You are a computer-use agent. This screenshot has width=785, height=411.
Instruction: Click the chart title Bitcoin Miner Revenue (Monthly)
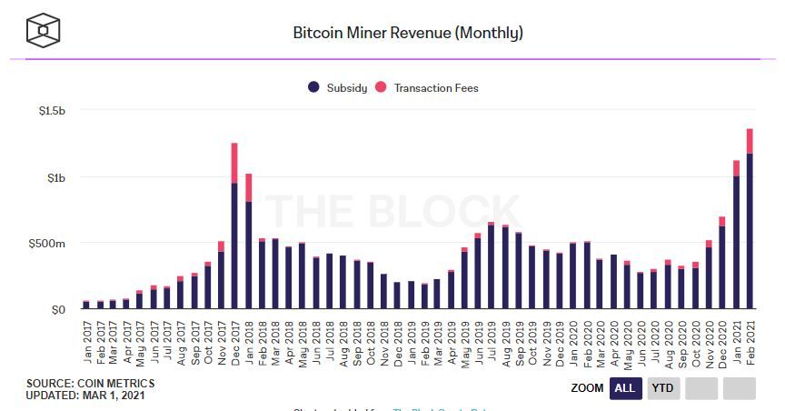tap(407, 33)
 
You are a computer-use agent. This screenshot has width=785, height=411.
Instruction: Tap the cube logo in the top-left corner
tap(43, 31)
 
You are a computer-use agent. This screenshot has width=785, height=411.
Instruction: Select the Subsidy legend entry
tap(338, 88)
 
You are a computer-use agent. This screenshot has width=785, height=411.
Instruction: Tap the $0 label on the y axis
tap(59, 310)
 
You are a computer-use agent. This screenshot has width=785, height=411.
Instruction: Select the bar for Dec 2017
tap(234, 227)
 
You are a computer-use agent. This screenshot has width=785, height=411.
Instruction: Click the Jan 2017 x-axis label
tap(86, 340)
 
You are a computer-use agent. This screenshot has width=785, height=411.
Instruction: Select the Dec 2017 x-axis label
tap(234, 340)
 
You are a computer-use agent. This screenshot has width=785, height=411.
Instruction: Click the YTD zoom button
tap(663, 388)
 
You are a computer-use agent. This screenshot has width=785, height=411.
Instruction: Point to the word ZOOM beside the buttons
tap(587, 388)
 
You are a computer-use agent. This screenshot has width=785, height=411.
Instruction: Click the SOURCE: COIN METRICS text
tap(91, 383)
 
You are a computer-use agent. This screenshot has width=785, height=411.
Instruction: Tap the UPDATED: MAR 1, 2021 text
tap(85, 395)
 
